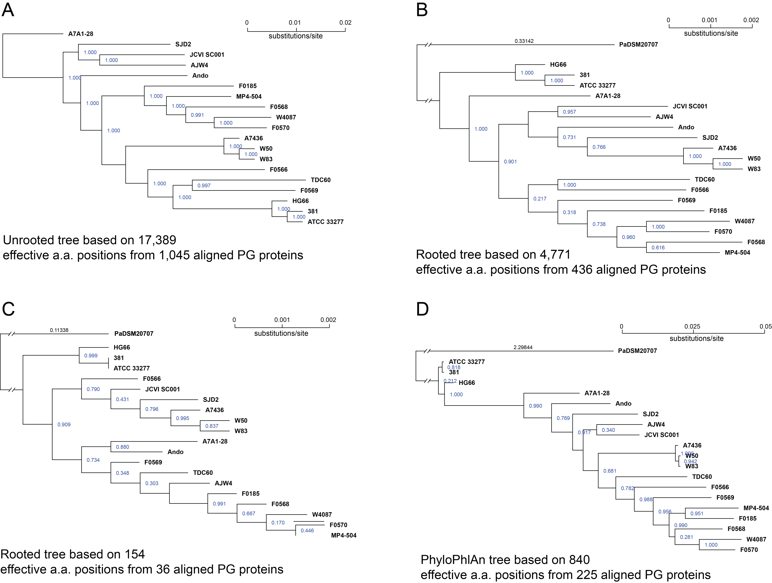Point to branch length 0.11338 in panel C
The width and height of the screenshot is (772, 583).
(59, 330)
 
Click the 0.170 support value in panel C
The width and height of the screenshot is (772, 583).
(278, 523)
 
